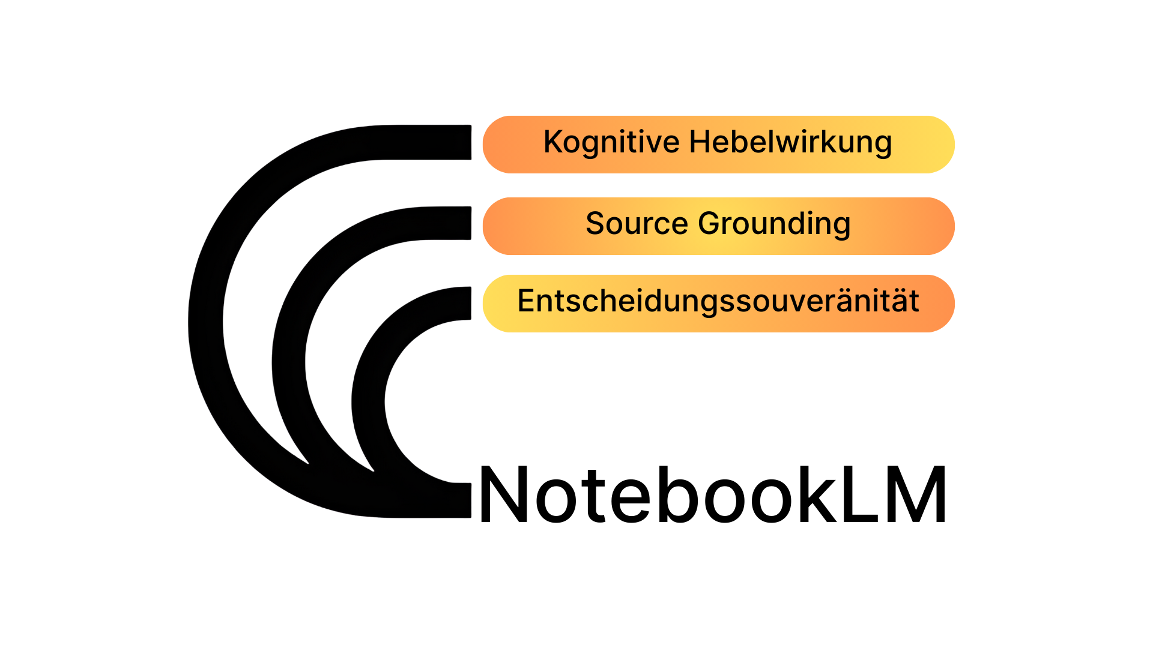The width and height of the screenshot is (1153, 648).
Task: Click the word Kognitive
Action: (x=611, y=143)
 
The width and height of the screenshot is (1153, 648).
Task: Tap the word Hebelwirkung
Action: (x=790, y=143)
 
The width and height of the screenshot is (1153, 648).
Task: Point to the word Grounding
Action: (x=774, y=224)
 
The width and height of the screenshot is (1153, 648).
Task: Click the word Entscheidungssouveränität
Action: (x=718, y=301)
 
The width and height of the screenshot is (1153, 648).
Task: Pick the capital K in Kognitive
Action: (x=553, y=142)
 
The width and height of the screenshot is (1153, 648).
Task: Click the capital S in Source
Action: (x=595, y=224)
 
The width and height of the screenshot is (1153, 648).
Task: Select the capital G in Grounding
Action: (x=710, y=224)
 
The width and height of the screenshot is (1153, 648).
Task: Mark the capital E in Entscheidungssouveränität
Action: (x=525, y=301)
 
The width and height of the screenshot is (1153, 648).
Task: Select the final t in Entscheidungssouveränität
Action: (x=914, y=301)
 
